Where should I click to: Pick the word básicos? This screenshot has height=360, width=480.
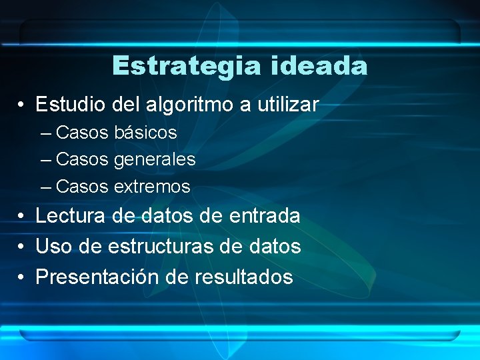pyautogui.click(x=145, y=133)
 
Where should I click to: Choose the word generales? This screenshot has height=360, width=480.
pyautogui.click(x=155, y=160)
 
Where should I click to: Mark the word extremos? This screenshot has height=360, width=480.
pyautogui.click(x=152, y=187)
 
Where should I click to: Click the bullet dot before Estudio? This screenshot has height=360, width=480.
pyautogui.click(x=22, y=105)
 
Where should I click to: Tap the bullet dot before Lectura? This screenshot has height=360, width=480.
pyautogui.click(x=22, y=216)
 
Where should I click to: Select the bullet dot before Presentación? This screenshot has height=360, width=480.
pyautogui.click(x=22, y=277)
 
